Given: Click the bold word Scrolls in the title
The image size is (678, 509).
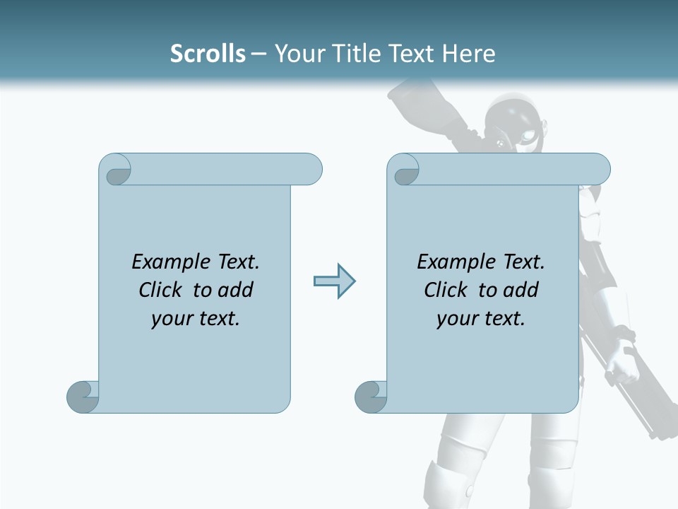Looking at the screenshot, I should tap(208, 54).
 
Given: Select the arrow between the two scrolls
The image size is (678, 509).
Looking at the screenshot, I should tap(334, 281).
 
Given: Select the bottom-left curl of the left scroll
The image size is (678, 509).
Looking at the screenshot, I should tap(83, 397).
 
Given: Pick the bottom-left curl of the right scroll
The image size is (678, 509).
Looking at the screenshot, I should tap(371, 397).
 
